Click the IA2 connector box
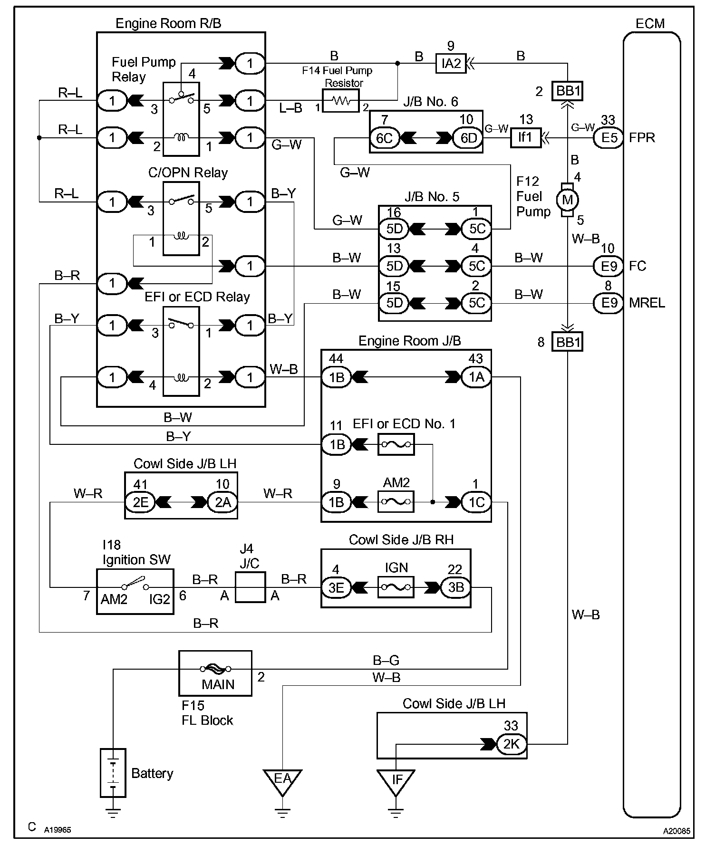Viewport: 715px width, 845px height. click(x=451, y=63)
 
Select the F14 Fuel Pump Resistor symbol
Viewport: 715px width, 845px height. click(x=340, y=101)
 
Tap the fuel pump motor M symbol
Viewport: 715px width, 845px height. click(x=568, y=200)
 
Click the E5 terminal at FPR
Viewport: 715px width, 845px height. click(x=608, y=138)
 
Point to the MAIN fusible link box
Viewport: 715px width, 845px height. click(x=215, y=673)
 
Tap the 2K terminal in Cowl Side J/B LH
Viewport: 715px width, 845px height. click(x=512, y=744)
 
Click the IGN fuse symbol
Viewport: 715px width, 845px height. click(x=396, y=587)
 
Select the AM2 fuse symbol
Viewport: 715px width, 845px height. click(x=396, y=501)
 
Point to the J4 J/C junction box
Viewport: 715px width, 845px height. click(x=250, y=587)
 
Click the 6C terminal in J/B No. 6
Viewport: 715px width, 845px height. click(x=384, y=138)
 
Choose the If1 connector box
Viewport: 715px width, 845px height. click(x=525, y=138)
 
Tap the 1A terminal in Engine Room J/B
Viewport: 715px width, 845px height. click(x=476, y=377)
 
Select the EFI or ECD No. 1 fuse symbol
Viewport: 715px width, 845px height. click(x=396, y=444)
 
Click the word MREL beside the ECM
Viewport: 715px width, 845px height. click(x=647, y=303)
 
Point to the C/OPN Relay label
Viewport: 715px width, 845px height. click(x=188, y=173)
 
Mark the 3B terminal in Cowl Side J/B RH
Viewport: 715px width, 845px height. click(x=455, y=587)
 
